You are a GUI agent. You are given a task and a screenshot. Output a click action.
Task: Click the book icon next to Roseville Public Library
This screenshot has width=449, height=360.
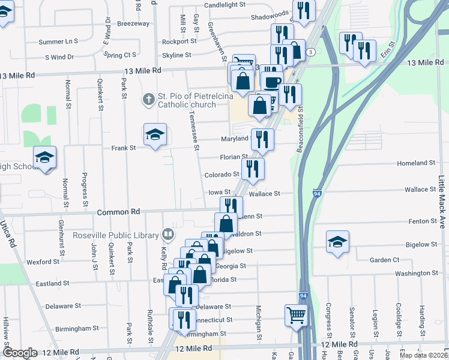point(168,235)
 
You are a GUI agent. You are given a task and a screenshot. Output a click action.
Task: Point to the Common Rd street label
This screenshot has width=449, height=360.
point(118,212)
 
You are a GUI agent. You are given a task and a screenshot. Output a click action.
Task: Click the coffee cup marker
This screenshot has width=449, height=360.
point(273,81)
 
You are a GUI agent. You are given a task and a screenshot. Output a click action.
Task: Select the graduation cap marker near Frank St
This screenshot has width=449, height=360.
point(154,135)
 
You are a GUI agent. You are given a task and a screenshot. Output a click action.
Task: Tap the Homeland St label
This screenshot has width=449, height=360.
point(416,163)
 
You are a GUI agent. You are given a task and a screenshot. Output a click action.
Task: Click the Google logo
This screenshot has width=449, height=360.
point(20,353)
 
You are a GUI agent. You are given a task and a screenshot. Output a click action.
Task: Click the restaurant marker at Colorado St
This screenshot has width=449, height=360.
point(253,169)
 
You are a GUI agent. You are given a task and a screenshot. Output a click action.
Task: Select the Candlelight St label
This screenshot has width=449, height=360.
point(225,5)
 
